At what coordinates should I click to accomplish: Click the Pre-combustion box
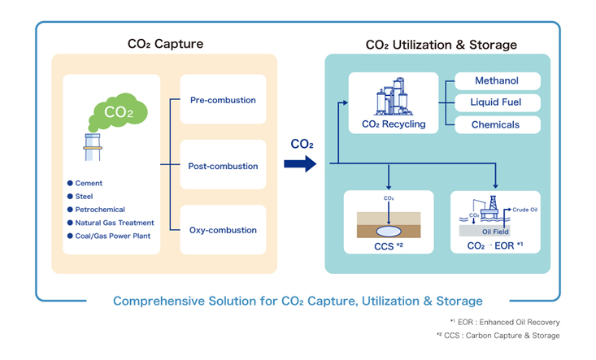[x=223, y=100]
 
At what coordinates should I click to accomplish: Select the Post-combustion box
[x=223, y=166]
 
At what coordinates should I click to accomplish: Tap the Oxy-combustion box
[x=223, y=230]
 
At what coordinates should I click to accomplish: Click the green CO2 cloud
[x=118, y=112]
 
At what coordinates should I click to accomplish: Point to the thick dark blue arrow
[x=299, y=165]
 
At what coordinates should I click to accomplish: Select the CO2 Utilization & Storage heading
[x=441, y=45]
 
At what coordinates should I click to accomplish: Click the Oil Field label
[x=494, y=232]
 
